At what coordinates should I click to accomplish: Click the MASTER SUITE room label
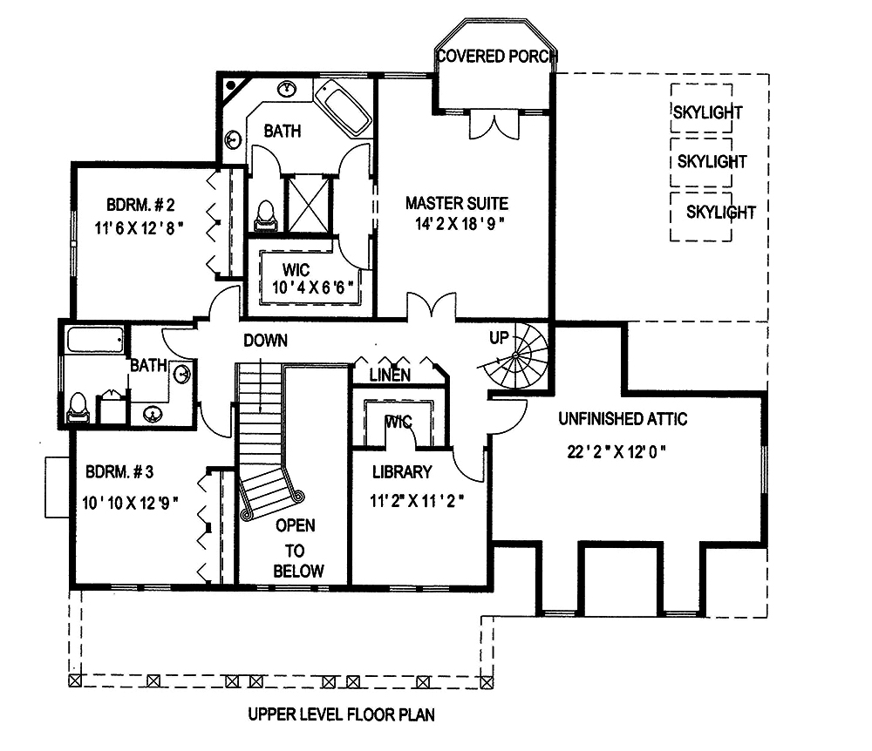(x=456, y=204)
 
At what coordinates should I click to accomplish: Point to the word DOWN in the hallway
(x=265, y=341)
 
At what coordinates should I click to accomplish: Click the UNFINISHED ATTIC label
(x=623, y=419)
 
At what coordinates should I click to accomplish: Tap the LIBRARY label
(x=402, y=472)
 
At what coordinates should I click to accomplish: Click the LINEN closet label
(x=391, y=375)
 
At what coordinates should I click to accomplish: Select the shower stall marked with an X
(x=309, y=203)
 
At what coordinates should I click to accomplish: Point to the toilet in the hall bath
(x=78, y=407)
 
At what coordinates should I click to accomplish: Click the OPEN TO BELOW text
(x=296, y=549)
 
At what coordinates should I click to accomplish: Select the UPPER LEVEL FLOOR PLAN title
(x=341, y=715)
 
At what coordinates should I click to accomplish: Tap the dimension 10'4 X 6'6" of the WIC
(x=310, y=286)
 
